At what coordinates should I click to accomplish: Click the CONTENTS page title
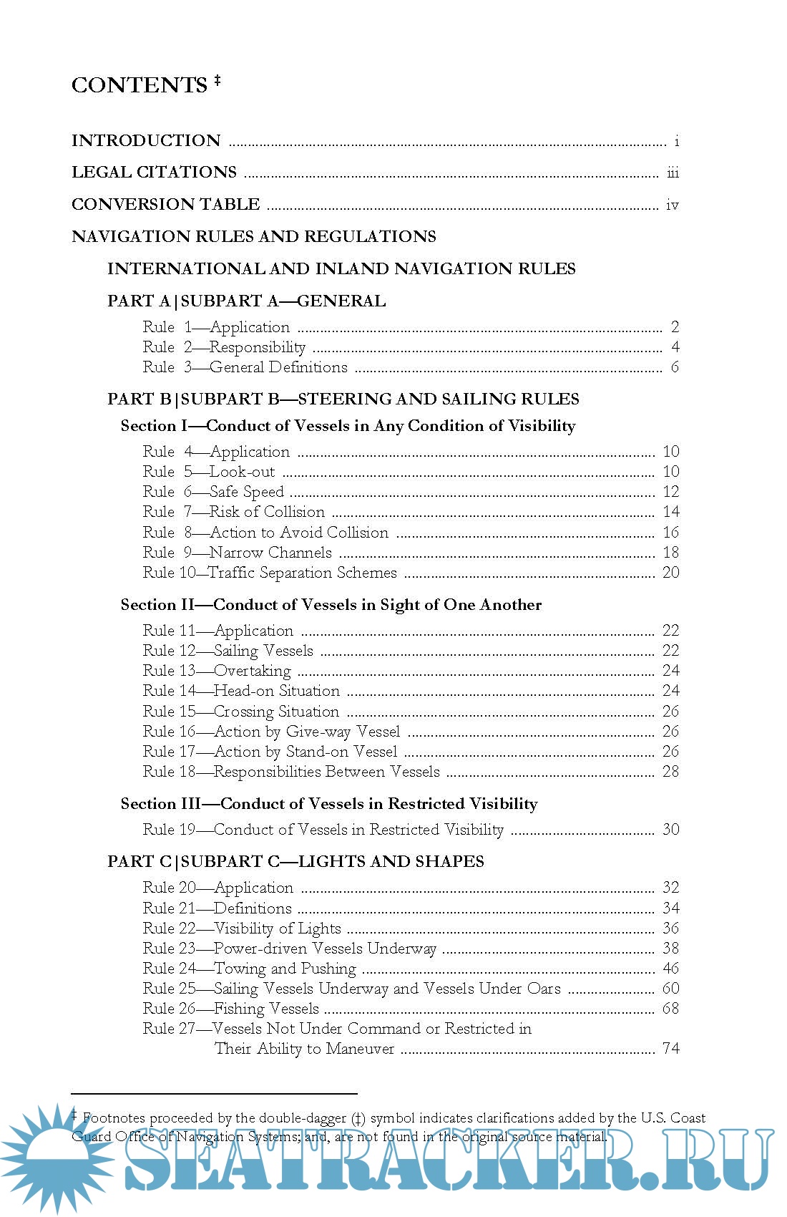140,85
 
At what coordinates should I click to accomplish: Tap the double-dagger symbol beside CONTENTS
217,81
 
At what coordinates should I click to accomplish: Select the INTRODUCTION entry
146,140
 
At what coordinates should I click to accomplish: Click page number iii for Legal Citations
673,173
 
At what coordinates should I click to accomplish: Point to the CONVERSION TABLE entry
166,204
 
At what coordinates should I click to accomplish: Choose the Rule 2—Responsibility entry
224,347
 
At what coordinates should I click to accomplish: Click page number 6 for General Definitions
675,367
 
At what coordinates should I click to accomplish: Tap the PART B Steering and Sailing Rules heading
343,399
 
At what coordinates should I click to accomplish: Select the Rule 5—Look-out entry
208,472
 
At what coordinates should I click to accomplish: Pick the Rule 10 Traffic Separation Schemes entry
270,573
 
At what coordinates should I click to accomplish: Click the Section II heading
331,605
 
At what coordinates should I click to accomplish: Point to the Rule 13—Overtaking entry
217,671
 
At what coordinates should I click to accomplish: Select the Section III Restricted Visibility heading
329,804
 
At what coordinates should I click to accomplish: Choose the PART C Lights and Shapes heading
296,861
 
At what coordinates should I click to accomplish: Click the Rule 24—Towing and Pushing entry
249,969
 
